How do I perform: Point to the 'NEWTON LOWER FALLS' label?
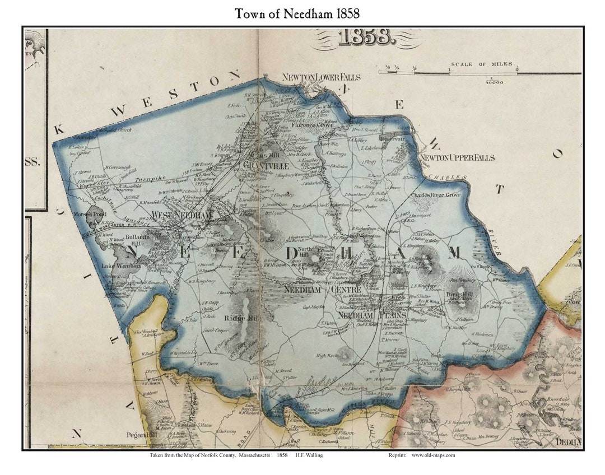(322, 77)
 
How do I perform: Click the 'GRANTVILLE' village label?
(266, 166)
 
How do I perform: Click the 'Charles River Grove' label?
(435, 195)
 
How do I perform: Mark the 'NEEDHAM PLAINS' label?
(365, 315)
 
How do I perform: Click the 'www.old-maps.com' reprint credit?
(433, 455)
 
